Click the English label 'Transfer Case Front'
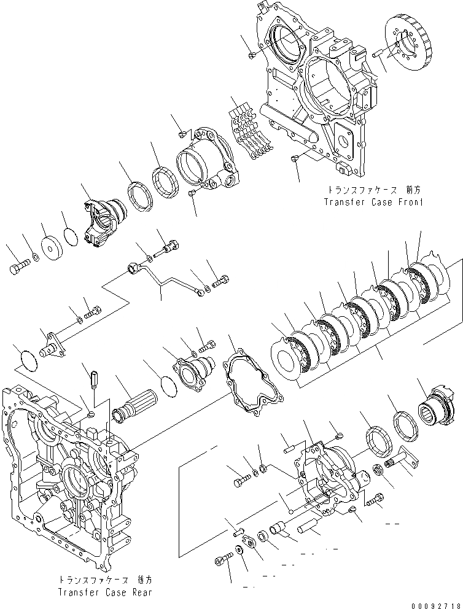[375, 201]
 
